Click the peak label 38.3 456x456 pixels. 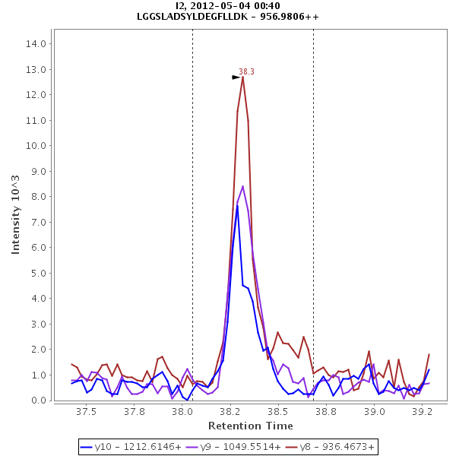tap(246, 72)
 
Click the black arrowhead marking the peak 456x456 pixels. tap(236, 78)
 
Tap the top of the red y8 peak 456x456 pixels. tap(242, 77)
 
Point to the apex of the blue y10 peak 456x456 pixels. tap(237, 205)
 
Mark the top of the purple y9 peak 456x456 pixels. tap(242, 186)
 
